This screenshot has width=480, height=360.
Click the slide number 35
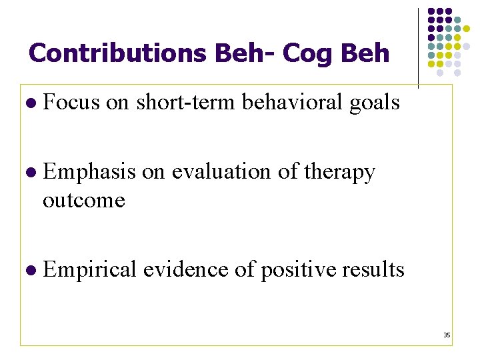(447, 335)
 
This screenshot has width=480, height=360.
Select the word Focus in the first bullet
(71, 103)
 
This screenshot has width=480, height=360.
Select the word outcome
(83, 200)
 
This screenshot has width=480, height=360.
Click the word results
(371, 269)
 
